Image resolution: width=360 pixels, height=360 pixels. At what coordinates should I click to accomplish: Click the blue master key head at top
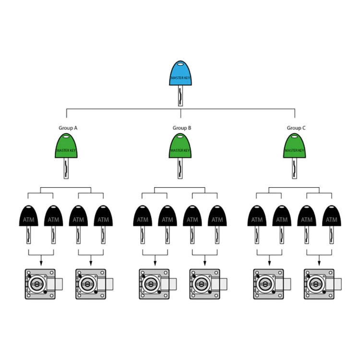click(x=180, y=74)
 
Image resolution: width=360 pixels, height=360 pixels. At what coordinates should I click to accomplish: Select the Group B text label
click(x=181, y=128)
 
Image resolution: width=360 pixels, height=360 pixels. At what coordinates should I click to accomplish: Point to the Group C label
click(x=296, y=128)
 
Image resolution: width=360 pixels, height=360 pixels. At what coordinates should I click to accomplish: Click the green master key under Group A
click(x=67, y=146)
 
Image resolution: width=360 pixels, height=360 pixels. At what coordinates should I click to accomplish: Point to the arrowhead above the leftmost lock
click(x=40, y=263)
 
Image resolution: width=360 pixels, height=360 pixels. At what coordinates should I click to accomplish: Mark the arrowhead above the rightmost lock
click(x=319, y=263)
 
